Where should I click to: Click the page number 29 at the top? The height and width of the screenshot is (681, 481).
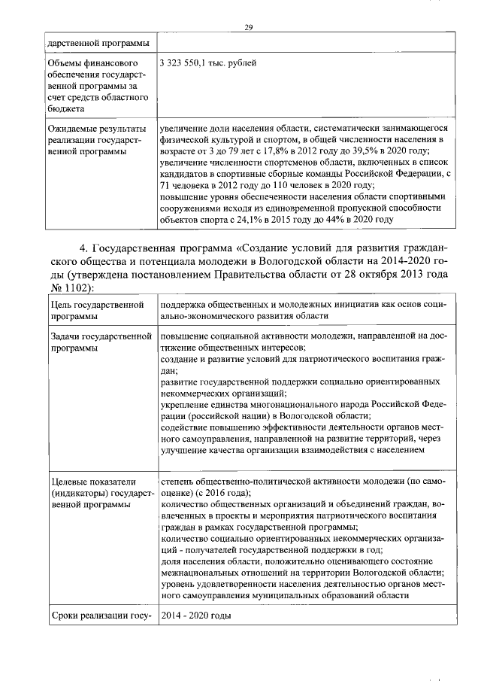pos(249,28)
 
